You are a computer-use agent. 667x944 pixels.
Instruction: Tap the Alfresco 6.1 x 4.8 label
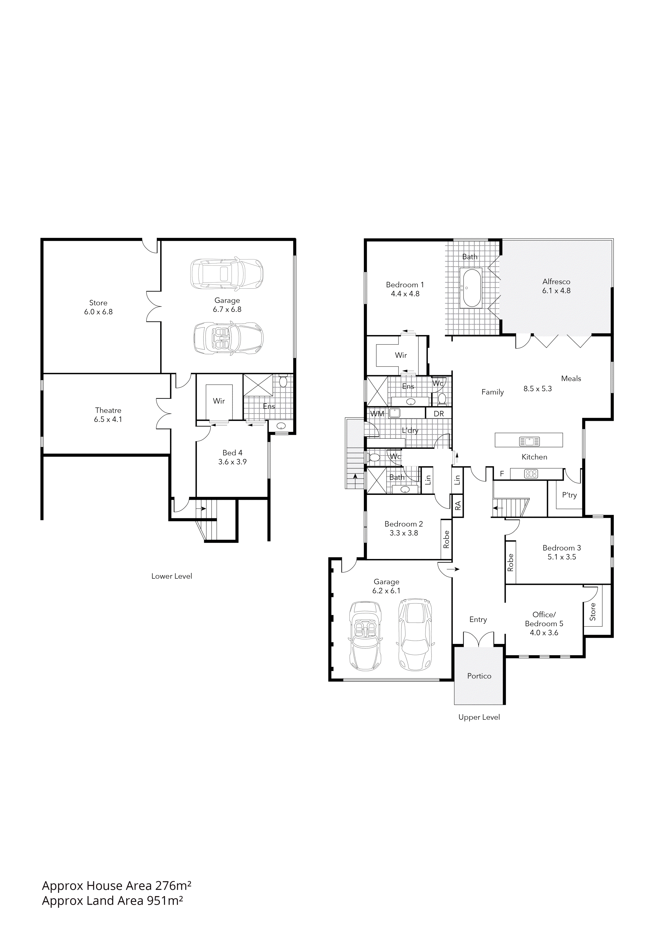556,286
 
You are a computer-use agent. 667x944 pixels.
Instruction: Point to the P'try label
569,495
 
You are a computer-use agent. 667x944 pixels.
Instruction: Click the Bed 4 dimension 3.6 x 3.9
233,462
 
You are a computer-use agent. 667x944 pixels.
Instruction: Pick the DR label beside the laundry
439,414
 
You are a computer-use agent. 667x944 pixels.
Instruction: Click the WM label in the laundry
377,414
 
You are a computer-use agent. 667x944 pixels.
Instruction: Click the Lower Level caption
172,576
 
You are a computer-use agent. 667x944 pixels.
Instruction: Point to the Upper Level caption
479,717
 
